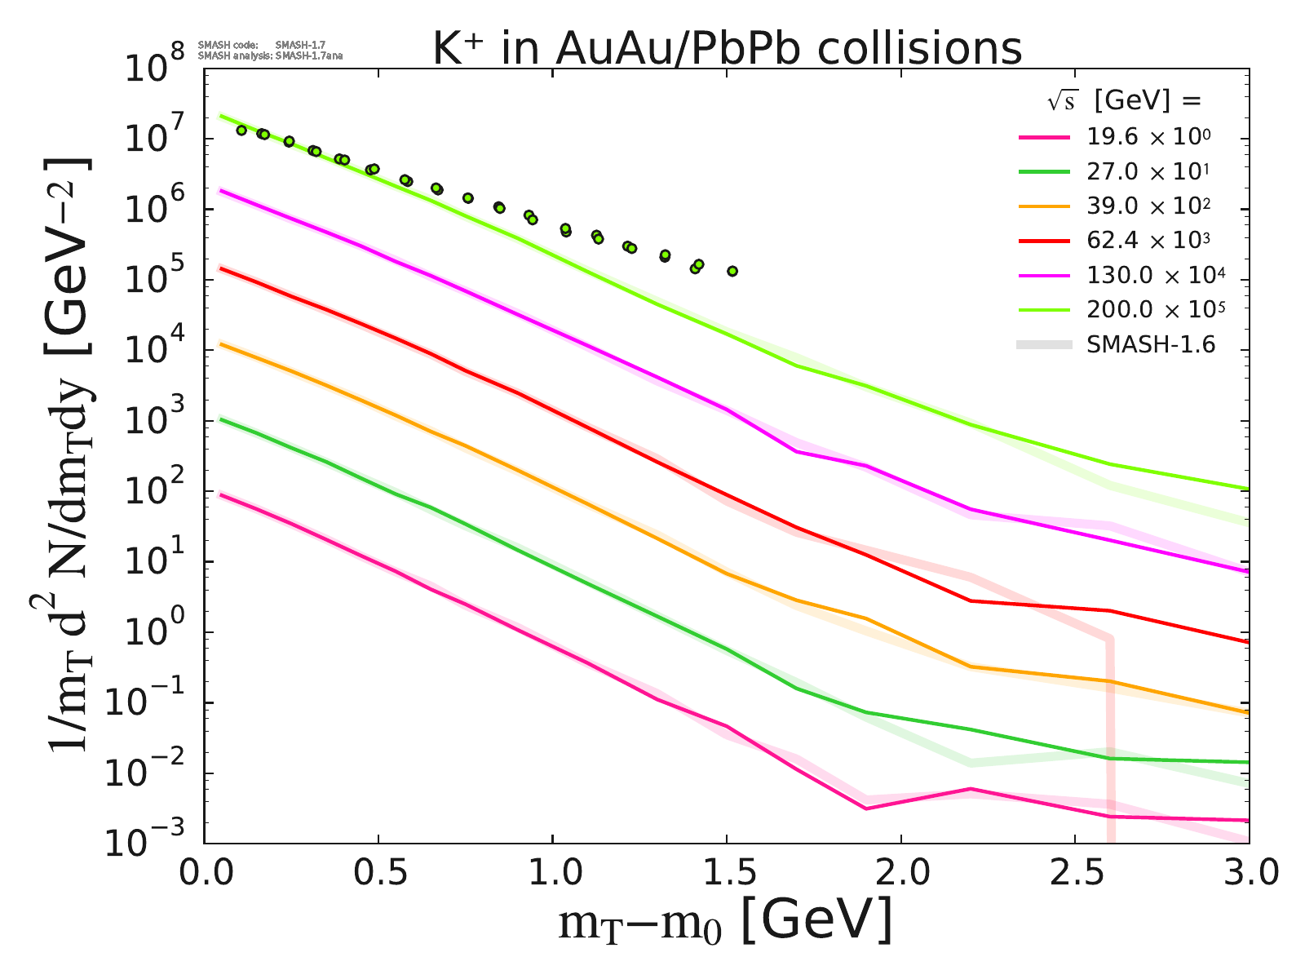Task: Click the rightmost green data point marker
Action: point(732,271)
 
